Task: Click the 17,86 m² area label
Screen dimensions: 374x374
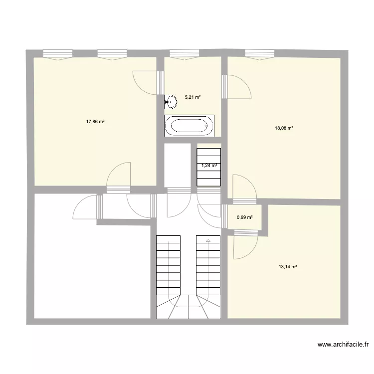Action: [x=95, y=121]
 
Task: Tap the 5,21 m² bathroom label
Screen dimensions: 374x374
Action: [x=192, y=97]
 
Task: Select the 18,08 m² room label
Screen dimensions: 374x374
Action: [x=284, y=128]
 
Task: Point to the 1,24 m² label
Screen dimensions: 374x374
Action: [x=209, y=166]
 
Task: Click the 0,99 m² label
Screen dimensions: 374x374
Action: [x=245, y=217]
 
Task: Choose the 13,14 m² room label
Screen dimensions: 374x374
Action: [x=288, y=267]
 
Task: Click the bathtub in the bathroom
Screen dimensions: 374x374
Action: [x=189, y=126]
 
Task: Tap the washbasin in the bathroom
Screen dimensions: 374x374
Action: [x=170, y=102]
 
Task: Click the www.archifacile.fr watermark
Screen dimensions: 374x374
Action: [x=343, y=344]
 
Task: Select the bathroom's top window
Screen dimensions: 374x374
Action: [x=185, y=54]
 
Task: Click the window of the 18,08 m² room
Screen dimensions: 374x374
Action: [x=259, y=54]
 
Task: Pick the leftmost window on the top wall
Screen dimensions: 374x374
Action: [x=58, y=54]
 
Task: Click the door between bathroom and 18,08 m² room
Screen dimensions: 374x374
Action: [x=236, y=87]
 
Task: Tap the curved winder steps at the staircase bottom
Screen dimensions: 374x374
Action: [x=189, y=306]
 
